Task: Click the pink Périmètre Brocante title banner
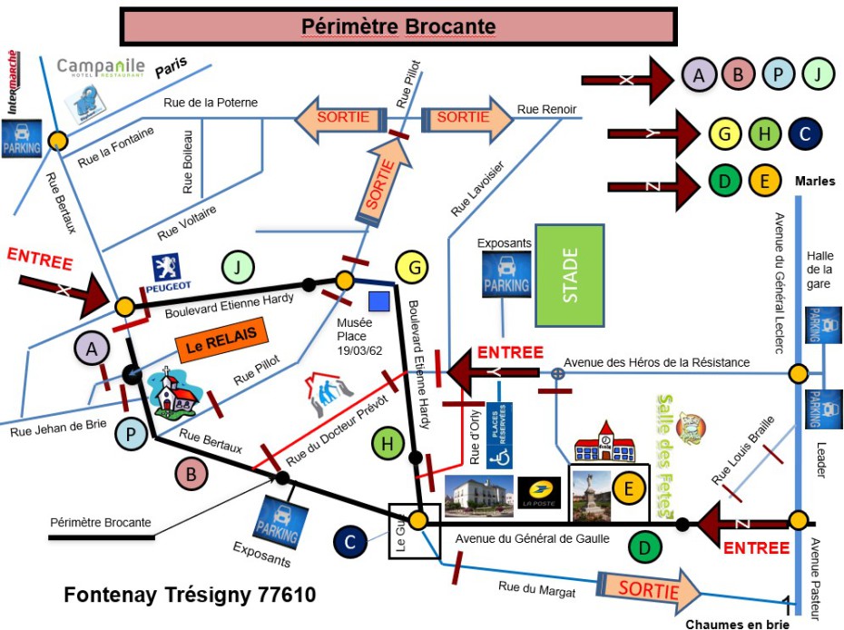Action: coord(398,26)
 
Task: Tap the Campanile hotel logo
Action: coord(101,68)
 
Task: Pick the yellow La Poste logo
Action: coord(539,492)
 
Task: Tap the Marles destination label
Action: coord(814,181)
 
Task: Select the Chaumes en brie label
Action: coord(737,624)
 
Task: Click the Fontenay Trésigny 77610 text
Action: coord(190,596)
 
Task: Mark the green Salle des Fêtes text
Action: coord(669,455)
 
